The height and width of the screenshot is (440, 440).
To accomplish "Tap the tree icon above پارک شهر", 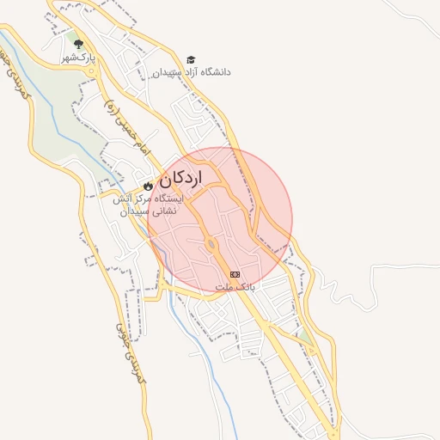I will pyautogui.click(x=78, y=43).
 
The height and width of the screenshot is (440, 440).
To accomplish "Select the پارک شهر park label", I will pyautogui.click(x=76, y=57).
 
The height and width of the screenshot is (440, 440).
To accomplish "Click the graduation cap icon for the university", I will pyautogui.click(x=191, y=59).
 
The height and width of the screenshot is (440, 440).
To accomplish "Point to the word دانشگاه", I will pyautogui.click(x=213, y=72).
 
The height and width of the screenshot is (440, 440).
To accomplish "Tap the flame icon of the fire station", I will pyautogui.click(x=148, y=184).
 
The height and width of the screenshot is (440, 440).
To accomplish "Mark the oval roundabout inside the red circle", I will pyautogui.click(x=211, y=247).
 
